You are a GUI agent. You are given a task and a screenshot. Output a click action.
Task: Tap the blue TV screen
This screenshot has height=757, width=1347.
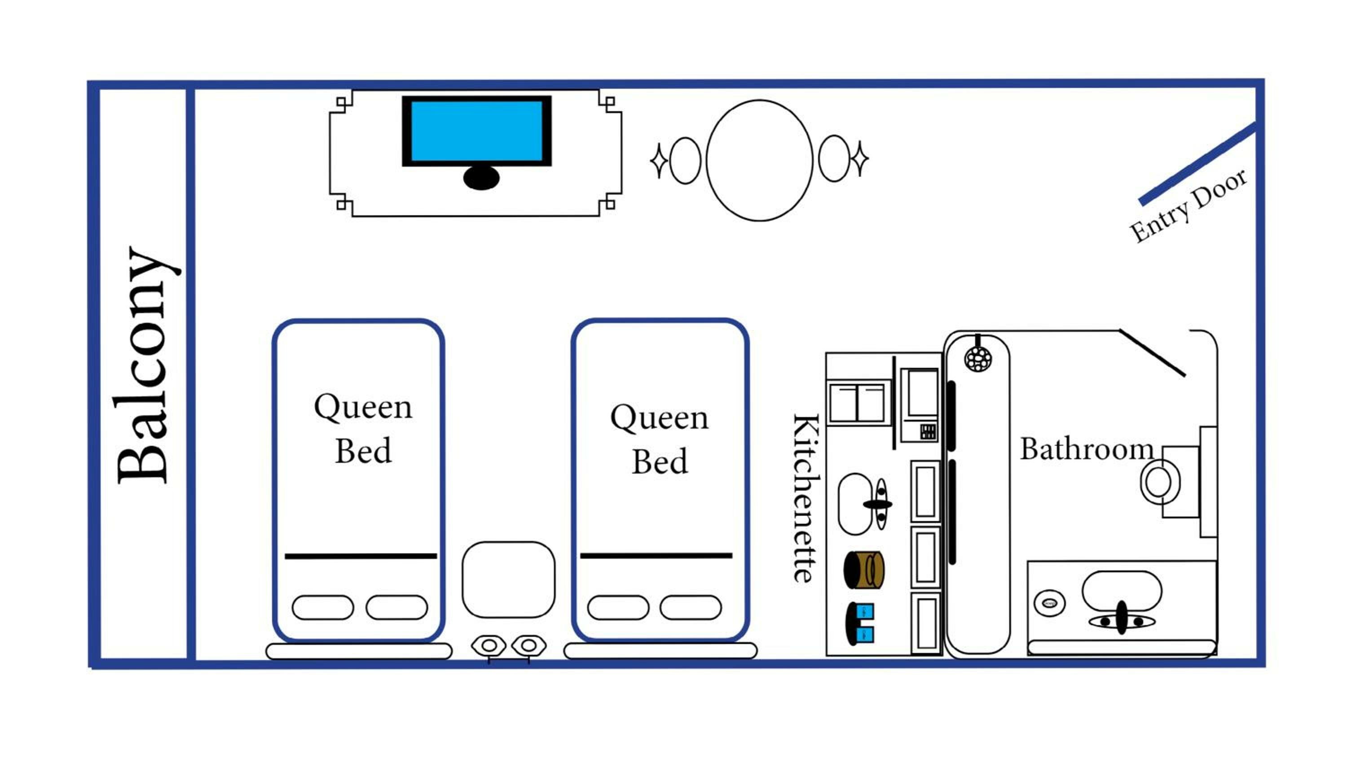(476, 131)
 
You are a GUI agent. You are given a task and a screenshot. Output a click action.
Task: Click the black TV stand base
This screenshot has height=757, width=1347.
(481, 178)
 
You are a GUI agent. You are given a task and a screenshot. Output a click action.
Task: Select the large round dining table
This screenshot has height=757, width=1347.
(759, 161)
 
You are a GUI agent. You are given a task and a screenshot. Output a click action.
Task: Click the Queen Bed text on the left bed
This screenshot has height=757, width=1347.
(363, 428)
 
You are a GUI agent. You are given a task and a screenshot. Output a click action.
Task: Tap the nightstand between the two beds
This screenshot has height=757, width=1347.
(508, 579)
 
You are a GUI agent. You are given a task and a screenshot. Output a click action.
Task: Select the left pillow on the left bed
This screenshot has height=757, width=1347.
(323, 608)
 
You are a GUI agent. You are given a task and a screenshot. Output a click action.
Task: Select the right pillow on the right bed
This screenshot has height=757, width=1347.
(691, 608)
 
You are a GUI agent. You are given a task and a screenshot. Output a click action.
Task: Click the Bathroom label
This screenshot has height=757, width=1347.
(1087, 449)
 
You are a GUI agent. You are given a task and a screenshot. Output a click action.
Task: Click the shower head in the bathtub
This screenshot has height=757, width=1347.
(978, 359)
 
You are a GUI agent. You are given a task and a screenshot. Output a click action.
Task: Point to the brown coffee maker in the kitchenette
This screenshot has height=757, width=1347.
(864, 570)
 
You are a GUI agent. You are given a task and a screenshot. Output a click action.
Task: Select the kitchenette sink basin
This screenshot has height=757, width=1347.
(854, 504)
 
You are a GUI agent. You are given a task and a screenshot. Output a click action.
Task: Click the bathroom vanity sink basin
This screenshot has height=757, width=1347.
(1122, 590)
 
